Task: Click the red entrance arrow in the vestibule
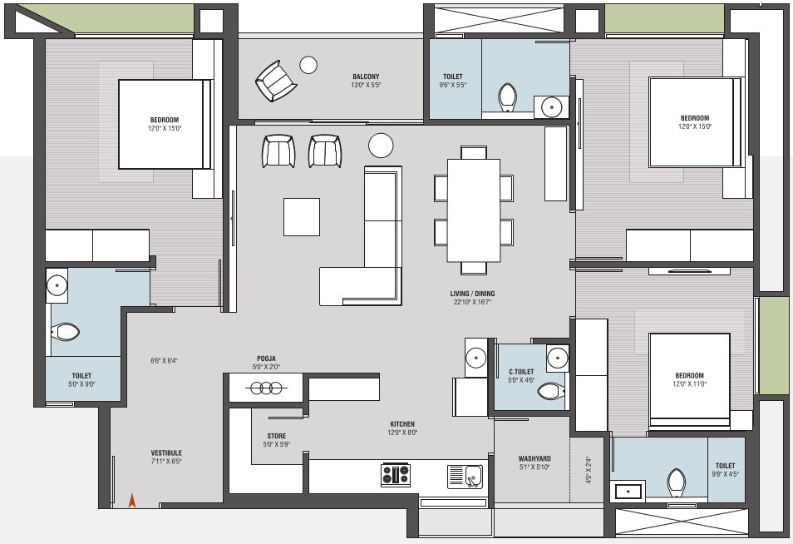tap(131, 500)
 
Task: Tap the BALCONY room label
tap(366, 77)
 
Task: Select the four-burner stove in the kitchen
tap(395, 475)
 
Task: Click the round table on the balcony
tap(308, 64)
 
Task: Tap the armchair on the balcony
tap(275, 81)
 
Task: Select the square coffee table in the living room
tap(301, 216)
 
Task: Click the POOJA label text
tap(265, 359)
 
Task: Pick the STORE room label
tap(276, 435)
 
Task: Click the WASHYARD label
tap(534, 458)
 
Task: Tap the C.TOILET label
tap(521, 372)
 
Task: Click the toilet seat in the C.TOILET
tap(550, 391)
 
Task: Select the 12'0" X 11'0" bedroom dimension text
tap(689, 384)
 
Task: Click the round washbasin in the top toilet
tap(550, 106)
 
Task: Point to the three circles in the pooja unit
tap(265, 388)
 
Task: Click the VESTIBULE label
tap(166, 453)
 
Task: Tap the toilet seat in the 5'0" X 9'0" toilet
tap(66, 333)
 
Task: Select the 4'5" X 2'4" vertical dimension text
tap(589, 470)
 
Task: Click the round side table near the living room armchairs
tap(381, 146)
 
